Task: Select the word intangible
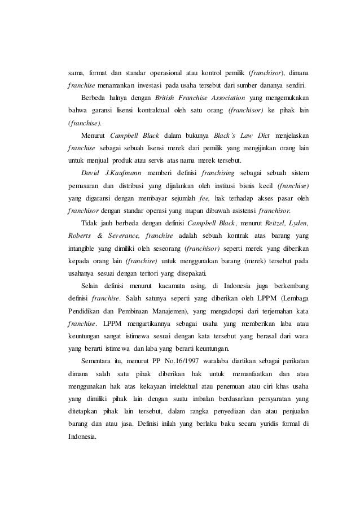[79, 246]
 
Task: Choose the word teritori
[152, 271]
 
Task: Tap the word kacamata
[173, 284]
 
